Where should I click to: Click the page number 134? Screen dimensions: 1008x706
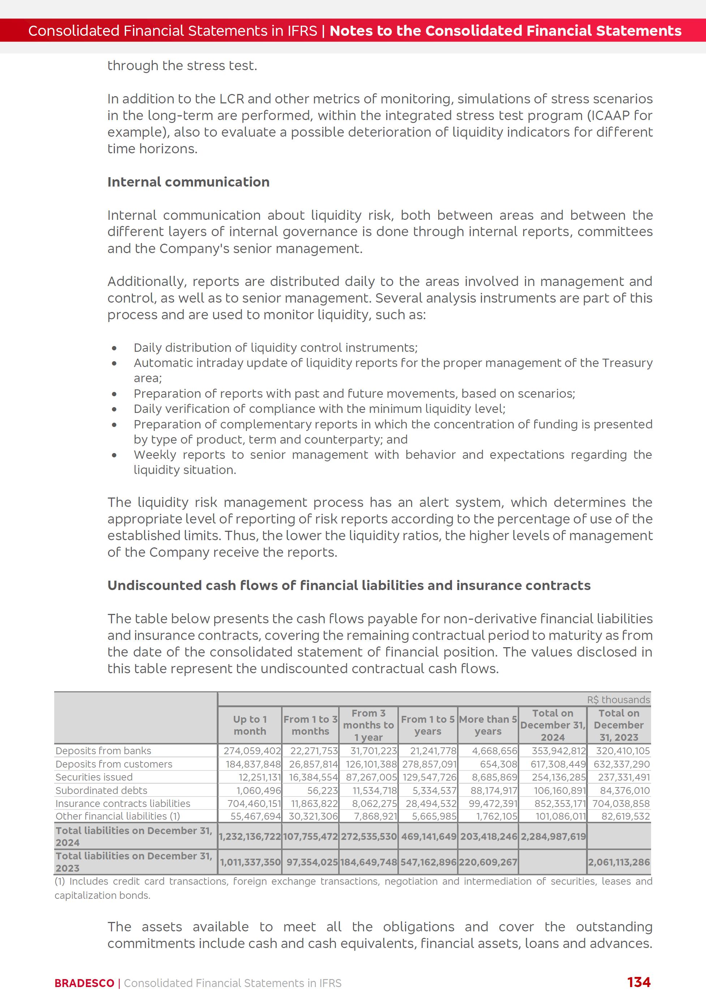pos(638,982)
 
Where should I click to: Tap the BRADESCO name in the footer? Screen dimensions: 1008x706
pos(84,983)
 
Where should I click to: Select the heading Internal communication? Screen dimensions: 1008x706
pos(188,182)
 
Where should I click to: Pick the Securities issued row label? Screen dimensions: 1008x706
pos(94,777)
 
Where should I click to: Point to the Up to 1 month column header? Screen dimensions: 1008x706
pos(250,725)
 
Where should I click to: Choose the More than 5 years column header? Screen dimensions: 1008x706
pos(488,725)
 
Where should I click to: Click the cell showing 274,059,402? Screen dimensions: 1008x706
pos(252,751)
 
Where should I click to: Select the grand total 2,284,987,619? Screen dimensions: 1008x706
pos(553,837)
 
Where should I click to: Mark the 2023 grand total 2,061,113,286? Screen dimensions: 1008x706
pos(619,862)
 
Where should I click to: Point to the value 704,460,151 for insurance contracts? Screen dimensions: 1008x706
pos(254,803)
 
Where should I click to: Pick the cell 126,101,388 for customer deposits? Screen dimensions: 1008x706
pos(371,764)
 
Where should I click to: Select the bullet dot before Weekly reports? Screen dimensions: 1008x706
pos(115,455)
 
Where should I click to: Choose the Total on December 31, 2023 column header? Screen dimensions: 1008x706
pos(618,725)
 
